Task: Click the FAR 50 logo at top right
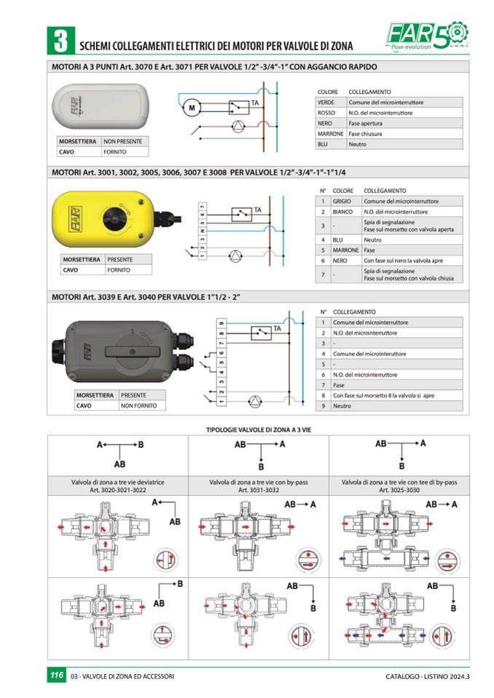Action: pyautogui.click(x=427, y=35)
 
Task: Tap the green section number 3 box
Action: pyautogui.click(x=61, y=41)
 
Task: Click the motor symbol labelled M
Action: pyautogui.click(x=192, y=108)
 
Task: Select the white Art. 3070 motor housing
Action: pyautogui.click(x=101, y=106)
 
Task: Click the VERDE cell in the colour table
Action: pyautogui.click(x=326, y=103)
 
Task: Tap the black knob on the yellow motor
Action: pyautogui.click(x=117, y=218)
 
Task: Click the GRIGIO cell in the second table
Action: pyautogui.click(x=342, y=201)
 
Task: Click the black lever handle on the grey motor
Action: pyautogui.click(x=132, y=352)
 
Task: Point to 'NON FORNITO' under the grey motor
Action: pyautogui.click(x=139, y=405)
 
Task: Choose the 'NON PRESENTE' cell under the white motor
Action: pyautogui.click(x=123, y=141)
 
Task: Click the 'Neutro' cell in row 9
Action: pyautogui.click(x=342, y=406)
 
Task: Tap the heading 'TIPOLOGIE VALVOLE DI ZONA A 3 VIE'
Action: pyautogui.click(x=259, y=430)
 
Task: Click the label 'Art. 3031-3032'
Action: pyautogui.click(x=259, y=490)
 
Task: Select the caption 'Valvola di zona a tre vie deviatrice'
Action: pyautogui.click(x=117, y=482)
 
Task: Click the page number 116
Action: pyautogui.click(x=57, y=675)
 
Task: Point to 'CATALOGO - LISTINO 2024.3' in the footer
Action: pyautogui.click(x=428, y=676)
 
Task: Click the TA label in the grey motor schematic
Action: pyautogui.click(x=278, y=328)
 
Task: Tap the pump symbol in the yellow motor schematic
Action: pyautogui.click(x=235, y=256)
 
